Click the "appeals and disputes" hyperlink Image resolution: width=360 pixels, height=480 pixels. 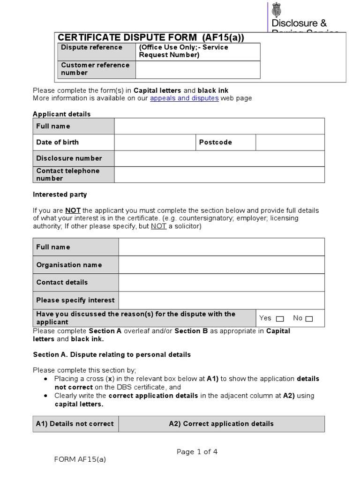(x=184, y=98)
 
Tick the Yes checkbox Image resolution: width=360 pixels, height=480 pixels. (x=280, y=319)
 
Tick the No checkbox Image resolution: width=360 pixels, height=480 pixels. (x=309, y=319)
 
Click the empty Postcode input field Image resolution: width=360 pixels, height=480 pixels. (x=290, y=142)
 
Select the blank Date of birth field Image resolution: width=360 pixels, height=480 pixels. (x=155, y=142)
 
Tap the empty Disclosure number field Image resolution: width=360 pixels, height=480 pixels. (x=219, y=158)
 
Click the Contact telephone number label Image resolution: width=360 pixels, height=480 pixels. (x=68, y=174)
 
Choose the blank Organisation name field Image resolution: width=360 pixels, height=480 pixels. (x=221, y=265)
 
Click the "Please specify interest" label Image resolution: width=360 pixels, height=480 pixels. (x=75, y=300)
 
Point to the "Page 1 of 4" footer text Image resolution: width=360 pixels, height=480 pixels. (x=197, y=452)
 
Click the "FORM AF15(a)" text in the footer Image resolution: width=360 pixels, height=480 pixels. (x=80, y=459)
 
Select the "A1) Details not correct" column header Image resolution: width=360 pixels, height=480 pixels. (x=75, y=424)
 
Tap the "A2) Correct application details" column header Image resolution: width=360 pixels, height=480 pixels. (x=221, y=424)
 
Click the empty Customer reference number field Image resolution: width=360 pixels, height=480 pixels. (x=197, y=69)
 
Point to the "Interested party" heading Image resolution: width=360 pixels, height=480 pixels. (x=60, y=195)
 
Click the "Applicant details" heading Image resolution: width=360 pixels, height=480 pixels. (x=62, y=114)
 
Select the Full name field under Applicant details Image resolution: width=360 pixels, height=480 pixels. (x=219, y=126)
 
